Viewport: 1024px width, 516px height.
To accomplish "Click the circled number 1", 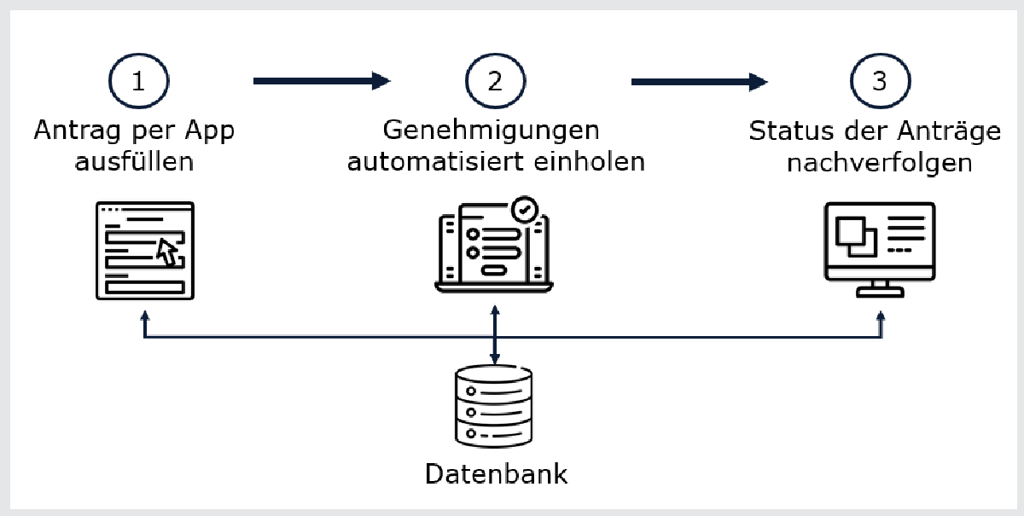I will [138, 82].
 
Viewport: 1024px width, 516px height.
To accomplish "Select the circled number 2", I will [495, 82].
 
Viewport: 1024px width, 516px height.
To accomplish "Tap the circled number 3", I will [880, 82].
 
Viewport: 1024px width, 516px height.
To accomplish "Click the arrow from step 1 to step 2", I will [322, 81].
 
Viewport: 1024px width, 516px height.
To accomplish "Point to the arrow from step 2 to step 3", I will [700, 81].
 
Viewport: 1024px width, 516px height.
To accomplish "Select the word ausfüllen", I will [134, 160].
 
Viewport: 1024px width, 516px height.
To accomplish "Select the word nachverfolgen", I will [880, 161].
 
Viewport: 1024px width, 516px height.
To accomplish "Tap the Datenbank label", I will [496, 473].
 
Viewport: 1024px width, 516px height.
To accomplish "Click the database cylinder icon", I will [494, 408].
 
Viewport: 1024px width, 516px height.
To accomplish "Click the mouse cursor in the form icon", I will [167, 252].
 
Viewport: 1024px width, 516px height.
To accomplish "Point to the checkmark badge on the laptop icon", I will [524, 209].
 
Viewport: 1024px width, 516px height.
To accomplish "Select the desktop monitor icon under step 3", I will [880, 248].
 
